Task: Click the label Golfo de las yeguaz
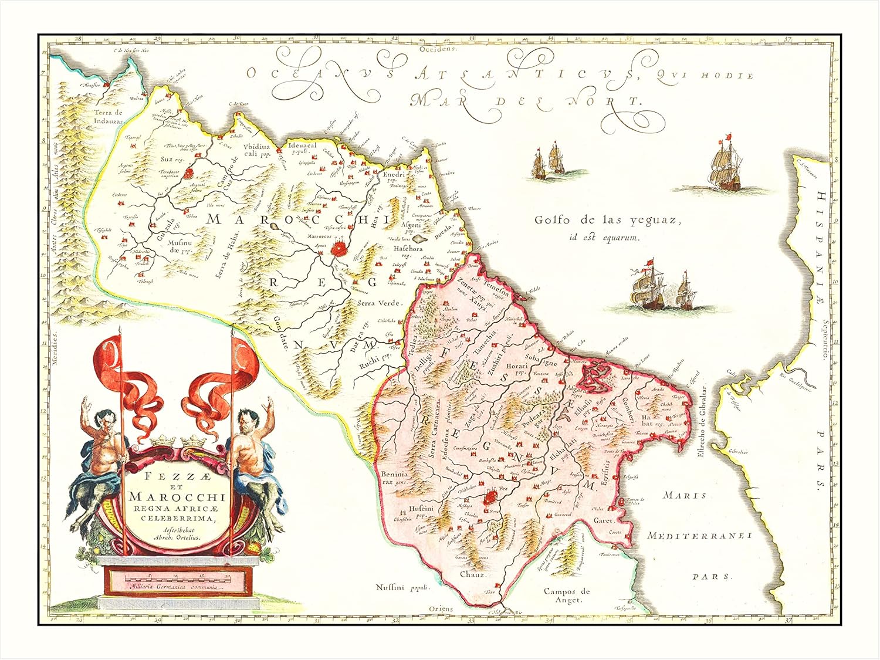[607, 221]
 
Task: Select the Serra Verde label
[378, 303]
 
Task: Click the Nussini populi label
[403, 587]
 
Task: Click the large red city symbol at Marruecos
[339, 249]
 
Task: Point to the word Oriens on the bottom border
[441, 609]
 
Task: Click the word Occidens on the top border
[445, 49]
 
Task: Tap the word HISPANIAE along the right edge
[820, 246]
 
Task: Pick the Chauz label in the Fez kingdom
[472, 574]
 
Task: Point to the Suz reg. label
[171, 158]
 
